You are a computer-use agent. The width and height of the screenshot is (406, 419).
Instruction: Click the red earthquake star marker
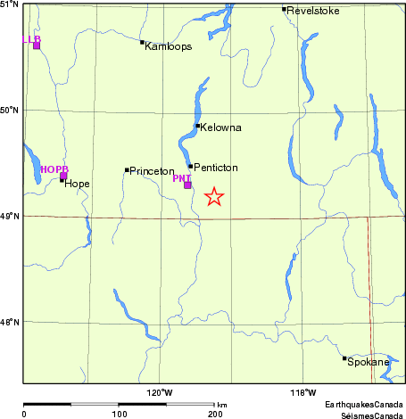(214, 197)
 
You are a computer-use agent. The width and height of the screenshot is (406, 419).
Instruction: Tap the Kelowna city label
(221, 127)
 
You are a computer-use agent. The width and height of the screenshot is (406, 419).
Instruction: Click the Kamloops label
(168, 46)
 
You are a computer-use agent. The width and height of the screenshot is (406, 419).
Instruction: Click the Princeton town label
(152, 170)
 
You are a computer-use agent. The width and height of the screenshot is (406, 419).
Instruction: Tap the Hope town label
(77, 184)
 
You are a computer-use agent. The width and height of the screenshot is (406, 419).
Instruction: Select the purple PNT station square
(187, 185)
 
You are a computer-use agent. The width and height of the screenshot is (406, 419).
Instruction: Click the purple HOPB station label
(54, 168)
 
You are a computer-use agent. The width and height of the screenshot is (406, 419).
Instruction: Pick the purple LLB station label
(31, 39)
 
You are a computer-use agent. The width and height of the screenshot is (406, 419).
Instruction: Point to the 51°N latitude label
(10, 5)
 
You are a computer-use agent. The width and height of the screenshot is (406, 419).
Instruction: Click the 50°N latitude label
(10, 111)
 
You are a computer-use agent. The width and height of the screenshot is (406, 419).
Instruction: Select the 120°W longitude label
(160, 393)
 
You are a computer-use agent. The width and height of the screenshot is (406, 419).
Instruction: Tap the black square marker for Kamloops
(142, 42)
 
